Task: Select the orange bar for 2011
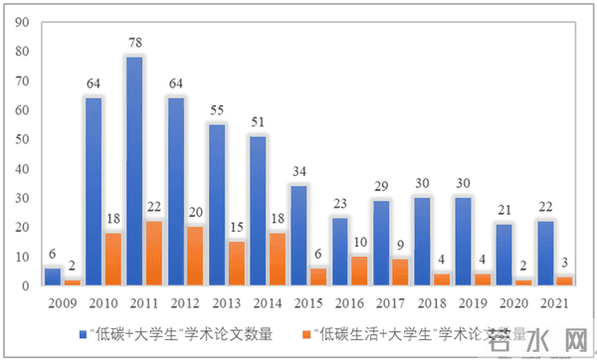[x=154, y=254]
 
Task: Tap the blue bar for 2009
[x=53, y=276]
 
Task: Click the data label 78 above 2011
[x=135, y=44]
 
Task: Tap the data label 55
[x=216, y=111]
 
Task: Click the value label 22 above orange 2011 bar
[x=154, y=208]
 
